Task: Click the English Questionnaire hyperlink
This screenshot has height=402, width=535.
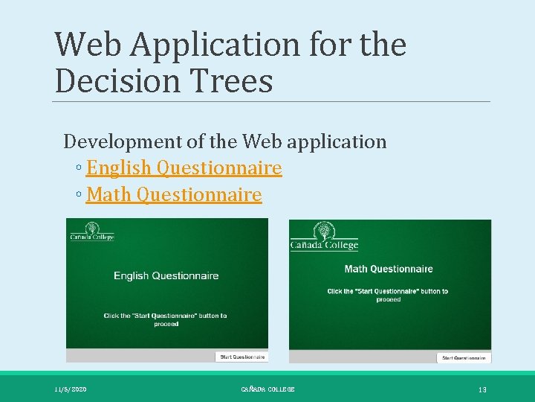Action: tap(184, 168)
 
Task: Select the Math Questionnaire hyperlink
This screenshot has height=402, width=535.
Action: tap(174, 195)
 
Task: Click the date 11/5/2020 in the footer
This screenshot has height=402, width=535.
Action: tap(71, 389)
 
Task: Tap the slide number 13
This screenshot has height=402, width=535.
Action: tap(482, 389)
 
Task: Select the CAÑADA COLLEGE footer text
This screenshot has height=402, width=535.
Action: tap(267, 389)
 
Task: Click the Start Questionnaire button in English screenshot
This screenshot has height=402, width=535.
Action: tap(241, 357)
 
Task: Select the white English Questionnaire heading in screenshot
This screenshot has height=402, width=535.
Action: tap(166, 276)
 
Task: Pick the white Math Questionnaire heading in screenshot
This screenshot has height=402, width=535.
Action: tap(389, 269)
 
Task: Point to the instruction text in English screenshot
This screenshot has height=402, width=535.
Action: tap(166, 319)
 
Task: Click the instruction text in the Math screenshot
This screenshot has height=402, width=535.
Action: tap(388, 295)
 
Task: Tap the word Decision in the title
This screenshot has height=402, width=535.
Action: tap(111, 81)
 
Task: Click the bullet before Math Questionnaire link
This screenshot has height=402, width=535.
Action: tap(79, 196)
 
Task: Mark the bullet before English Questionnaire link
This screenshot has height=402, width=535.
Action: tap(79, 169)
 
